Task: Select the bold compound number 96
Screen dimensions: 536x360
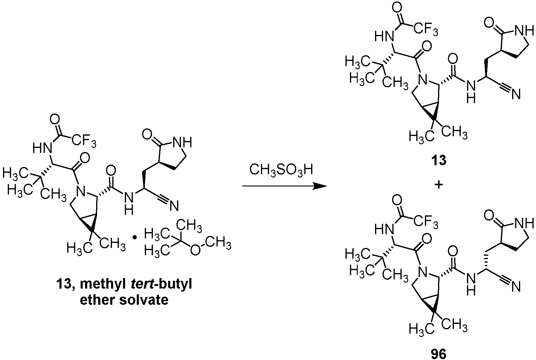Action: [x=439, y=354]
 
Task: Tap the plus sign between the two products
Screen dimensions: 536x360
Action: [x=439, y=185]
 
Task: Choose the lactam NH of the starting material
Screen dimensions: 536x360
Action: [x=181, y=142]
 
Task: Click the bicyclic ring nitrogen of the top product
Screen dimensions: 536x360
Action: [x=422, y=80]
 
